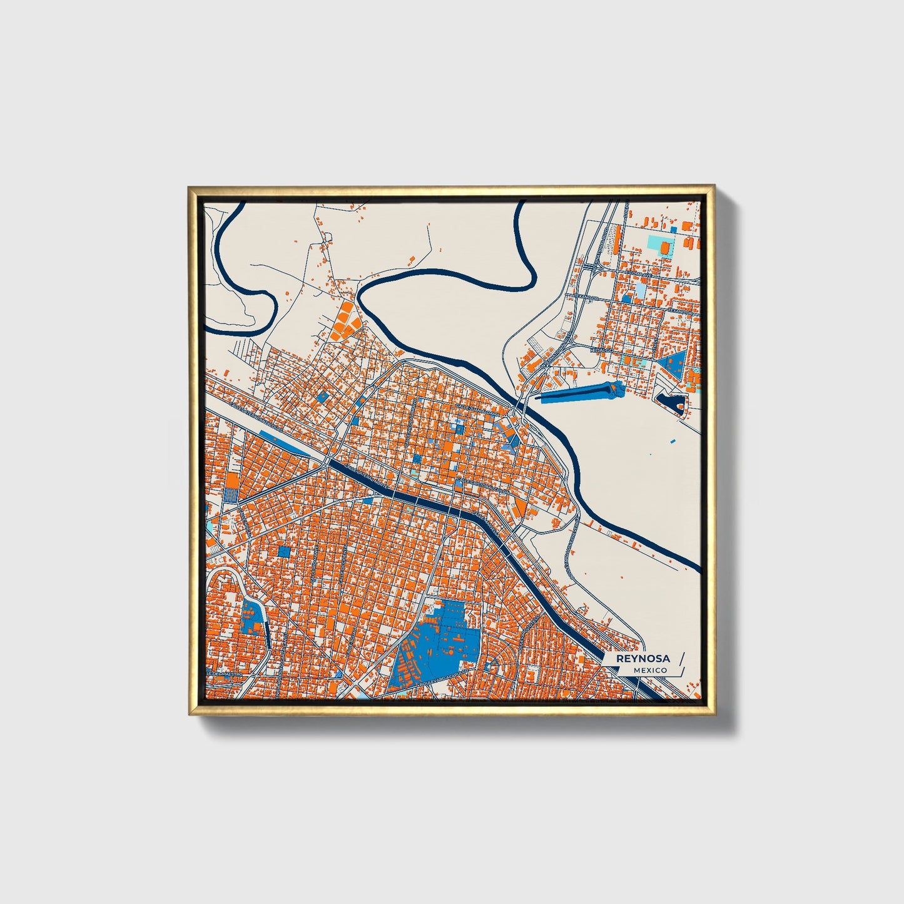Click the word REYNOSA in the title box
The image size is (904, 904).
tap(642, 658)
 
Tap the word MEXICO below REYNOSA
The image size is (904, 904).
tap(649, 670)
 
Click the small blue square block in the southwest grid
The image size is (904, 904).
tap(285, 551)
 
